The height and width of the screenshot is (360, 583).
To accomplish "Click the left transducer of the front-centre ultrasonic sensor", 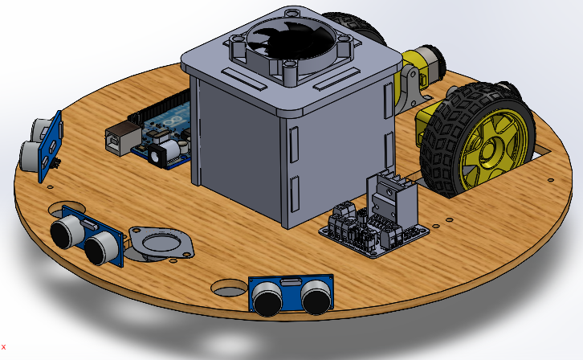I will pos(267,298).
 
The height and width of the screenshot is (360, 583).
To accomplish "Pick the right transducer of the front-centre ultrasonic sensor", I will pos(316,298).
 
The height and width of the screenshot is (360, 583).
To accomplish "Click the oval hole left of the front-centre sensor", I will pos(229,287).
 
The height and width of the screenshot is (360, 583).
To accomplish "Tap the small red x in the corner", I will pos(3,346).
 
